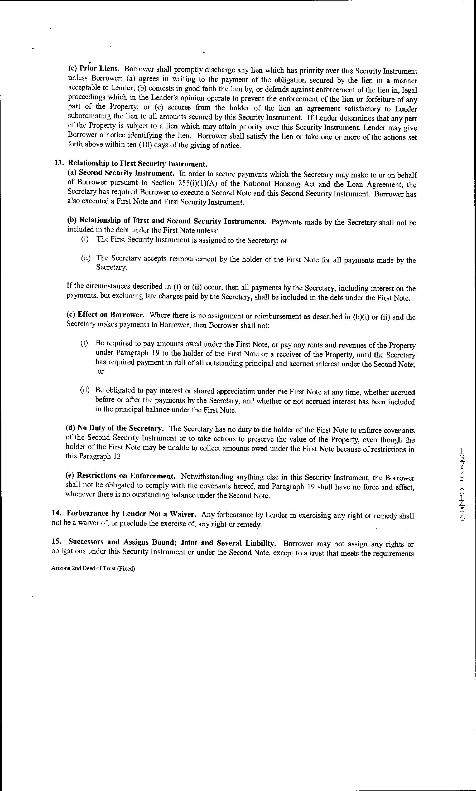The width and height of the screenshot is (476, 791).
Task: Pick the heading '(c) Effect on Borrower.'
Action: (105, 315)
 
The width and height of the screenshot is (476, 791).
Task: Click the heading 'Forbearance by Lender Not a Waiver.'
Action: (131, 514)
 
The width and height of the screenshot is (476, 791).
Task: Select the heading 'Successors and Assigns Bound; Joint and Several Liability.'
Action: (172, 542)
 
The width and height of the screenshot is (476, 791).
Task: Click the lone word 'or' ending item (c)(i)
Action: (101, 371)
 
